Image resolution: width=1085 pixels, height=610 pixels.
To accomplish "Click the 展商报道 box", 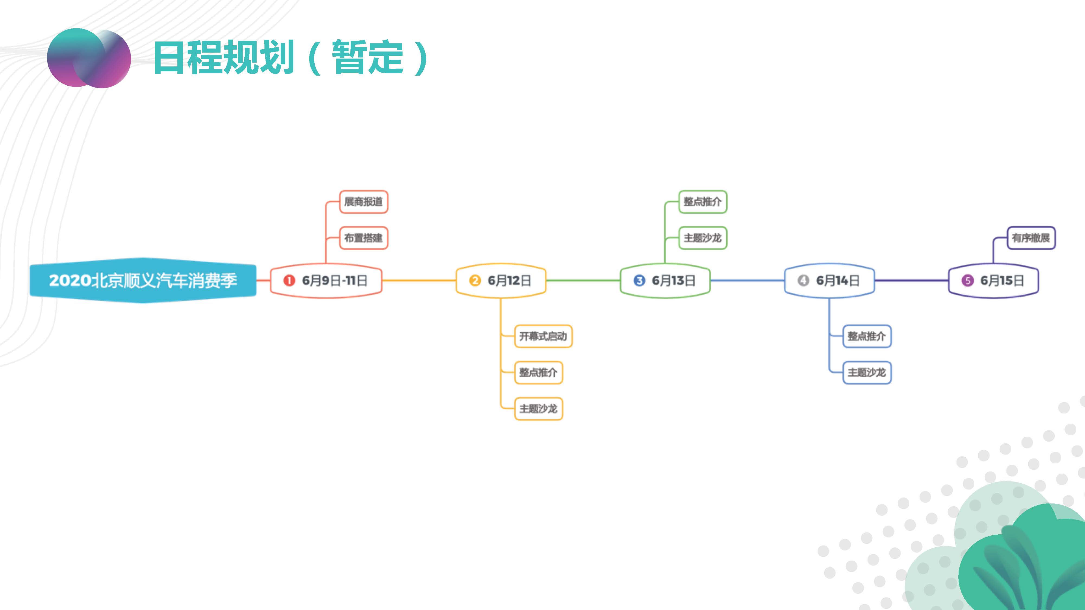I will (363, 202).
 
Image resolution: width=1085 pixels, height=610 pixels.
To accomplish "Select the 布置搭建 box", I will (363, 238).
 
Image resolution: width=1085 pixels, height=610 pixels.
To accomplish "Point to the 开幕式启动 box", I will (543, 336).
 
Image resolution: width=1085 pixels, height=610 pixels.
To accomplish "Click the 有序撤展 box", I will (1031, 238).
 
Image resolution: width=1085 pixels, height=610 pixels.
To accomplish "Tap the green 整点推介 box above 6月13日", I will (703, 202).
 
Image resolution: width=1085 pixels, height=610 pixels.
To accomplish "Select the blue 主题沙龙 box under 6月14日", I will (867, 372).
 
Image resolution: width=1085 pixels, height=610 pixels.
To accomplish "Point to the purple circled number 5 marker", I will (968, 280).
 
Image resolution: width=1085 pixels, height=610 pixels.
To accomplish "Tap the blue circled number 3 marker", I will (639, 280).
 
